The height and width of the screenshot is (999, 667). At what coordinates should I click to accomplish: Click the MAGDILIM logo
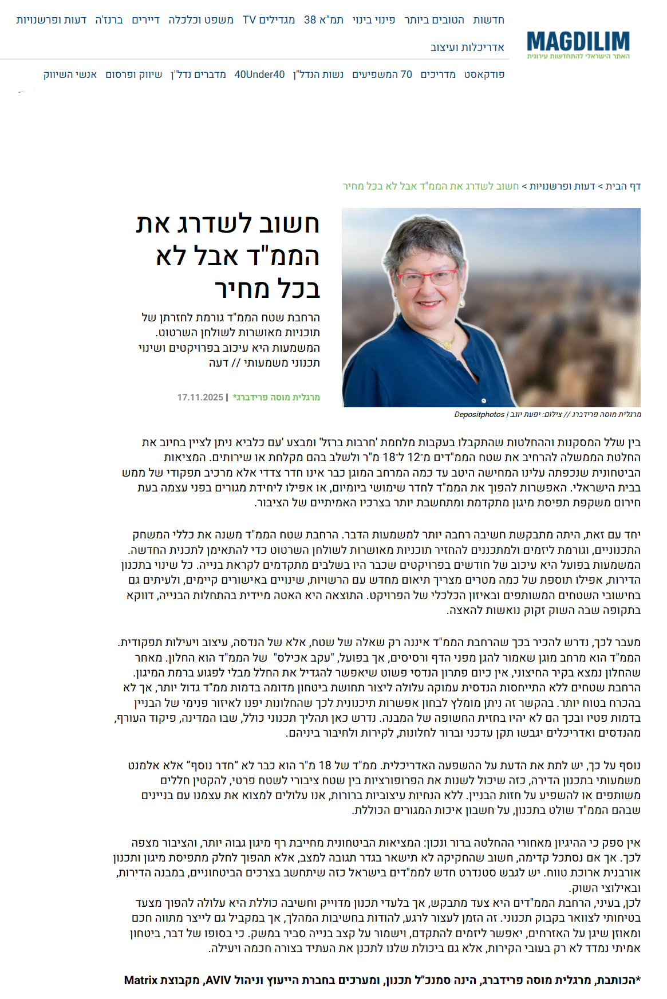578,44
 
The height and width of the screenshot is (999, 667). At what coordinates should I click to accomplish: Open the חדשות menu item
488,20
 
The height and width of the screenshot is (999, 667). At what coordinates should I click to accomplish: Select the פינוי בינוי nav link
373,20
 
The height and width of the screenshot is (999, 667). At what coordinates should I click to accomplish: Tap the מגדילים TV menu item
269,20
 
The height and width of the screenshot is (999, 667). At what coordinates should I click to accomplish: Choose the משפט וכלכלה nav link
201,20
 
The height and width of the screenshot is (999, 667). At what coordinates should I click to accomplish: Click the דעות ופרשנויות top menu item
51,20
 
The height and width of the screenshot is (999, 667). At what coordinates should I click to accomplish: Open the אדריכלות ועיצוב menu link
467,48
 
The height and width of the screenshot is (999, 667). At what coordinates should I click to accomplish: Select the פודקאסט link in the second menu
484,74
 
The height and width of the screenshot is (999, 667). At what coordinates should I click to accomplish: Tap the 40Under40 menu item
259,74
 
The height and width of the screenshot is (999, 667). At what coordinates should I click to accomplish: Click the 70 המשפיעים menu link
382,74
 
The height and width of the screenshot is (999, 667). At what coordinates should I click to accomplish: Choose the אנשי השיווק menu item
70,74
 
